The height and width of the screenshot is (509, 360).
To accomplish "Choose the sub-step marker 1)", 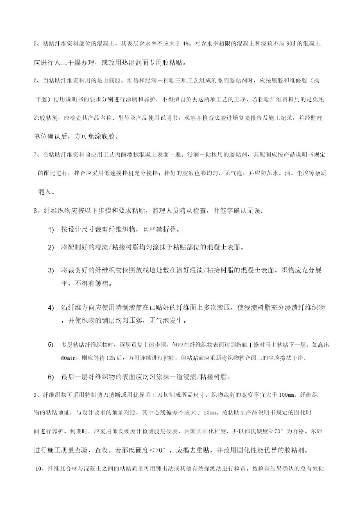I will click(51, 229).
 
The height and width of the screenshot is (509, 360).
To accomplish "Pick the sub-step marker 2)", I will click(51, 247).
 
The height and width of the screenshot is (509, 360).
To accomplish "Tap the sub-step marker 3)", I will click(51, 270).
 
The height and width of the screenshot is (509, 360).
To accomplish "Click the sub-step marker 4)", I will click(51, 306).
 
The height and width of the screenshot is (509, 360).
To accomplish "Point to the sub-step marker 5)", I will click(51, 344).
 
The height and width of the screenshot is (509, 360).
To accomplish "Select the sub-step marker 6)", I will click(51, 376).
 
